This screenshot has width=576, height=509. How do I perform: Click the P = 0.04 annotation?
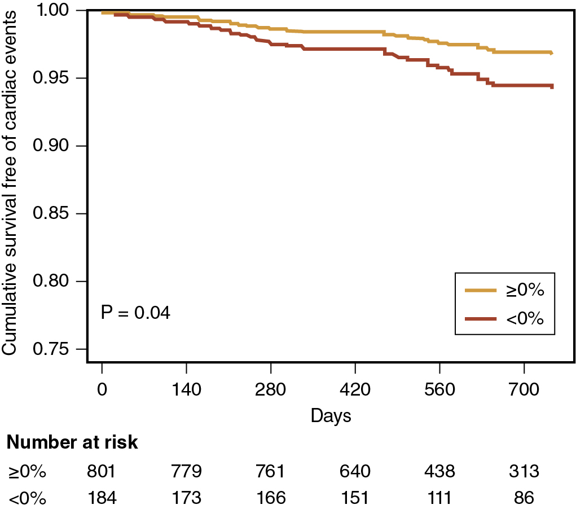coord(135,312)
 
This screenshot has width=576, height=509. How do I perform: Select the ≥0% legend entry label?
coord(524,291)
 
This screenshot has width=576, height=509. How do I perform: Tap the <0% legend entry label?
coord(524,319)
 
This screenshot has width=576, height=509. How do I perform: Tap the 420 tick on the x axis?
coord(355,389)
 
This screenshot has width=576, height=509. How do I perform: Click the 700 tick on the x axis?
coord(524,389)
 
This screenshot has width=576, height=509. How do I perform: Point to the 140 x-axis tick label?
coord(186,389)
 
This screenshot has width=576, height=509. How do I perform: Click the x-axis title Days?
coord(331,416)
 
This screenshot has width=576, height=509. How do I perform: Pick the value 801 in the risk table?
coord(102,472)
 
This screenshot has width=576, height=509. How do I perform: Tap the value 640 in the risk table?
coord(355,472)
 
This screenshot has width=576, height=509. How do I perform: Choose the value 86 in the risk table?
coord(524,498)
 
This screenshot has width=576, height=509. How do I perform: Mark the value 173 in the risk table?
coord(186,498)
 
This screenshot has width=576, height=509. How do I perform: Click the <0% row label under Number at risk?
coord(26,498)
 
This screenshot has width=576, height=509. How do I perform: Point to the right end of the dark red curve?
coord(552,86)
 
